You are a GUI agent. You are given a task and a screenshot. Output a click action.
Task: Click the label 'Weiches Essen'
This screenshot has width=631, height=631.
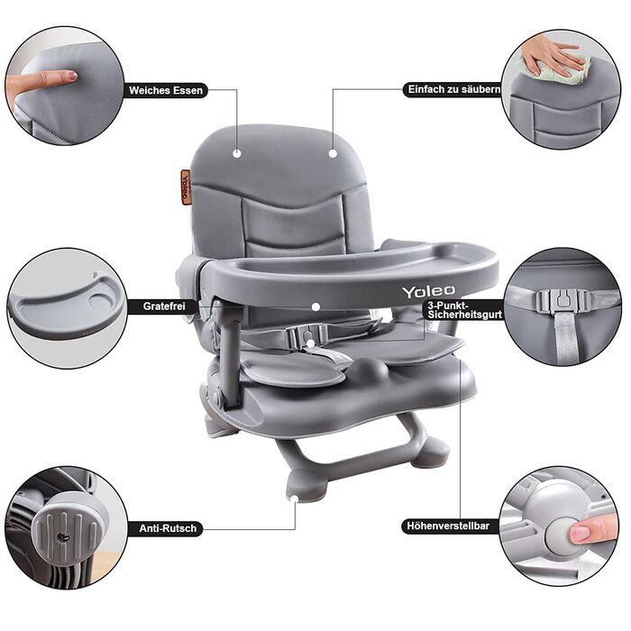(x=166, y=90)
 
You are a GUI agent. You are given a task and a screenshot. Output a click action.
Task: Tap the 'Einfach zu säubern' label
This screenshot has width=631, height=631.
(x=453, y=89)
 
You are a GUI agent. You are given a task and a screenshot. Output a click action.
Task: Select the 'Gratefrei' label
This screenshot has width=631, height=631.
(x=164, y=306)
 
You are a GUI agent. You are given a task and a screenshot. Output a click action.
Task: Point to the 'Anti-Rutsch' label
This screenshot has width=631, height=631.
(x=168, y=528)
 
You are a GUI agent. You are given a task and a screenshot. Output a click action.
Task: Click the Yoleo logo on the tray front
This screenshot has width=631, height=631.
(x=428, y=291)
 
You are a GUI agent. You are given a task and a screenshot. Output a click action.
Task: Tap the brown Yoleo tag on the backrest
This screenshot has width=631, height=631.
(x=186, y=187)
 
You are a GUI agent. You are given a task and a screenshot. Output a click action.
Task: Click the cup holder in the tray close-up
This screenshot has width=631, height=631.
(x=101, y=300)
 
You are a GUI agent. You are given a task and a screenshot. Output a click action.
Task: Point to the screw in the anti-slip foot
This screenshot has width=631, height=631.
(x=63, y=536)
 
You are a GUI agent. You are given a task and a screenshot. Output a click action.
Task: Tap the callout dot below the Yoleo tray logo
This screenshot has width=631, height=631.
(x=315, y=306)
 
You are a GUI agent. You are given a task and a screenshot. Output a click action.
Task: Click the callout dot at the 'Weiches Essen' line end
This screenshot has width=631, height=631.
(x=237, y=153)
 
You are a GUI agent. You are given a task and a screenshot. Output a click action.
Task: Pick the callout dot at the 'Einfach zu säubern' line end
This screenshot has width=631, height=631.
(x=333, y=153)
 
